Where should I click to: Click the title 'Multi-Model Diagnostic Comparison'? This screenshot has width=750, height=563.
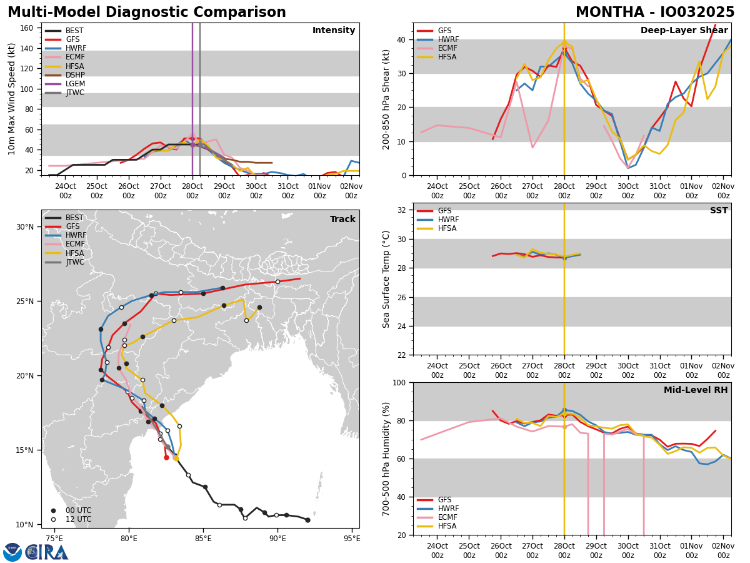coord(147,13)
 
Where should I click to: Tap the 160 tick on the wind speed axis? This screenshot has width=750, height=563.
coord(27,28)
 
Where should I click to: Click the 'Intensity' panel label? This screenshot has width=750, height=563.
coord(334,31)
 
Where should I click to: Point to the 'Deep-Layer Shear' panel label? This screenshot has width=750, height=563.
coord(684,31)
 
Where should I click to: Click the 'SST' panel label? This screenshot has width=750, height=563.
coord(719,211)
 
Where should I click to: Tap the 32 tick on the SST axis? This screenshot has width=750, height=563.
coord(404,210)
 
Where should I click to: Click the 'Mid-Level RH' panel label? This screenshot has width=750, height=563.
coord(696,390)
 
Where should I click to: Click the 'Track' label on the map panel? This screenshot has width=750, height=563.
coord(342,220)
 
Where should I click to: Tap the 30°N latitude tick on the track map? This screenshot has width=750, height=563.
coord(26,227)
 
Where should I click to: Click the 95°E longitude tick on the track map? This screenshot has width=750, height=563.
coord(352,539)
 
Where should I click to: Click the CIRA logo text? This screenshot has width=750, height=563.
coord(47,552)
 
